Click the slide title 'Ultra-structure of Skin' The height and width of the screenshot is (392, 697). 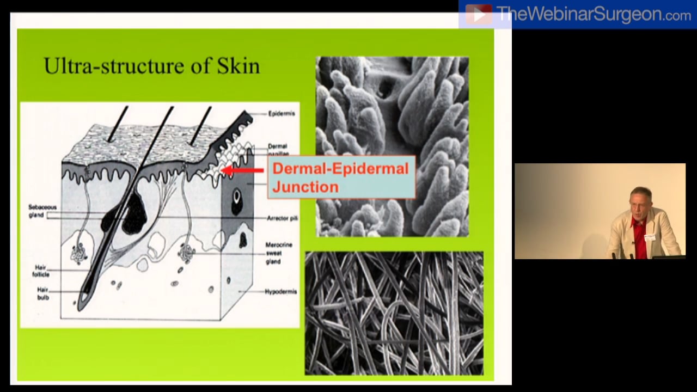click(151, 66)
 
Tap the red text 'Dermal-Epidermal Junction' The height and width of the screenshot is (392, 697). click(340, 177)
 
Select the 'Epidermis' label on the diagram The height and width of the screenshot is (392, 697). click(282, 114)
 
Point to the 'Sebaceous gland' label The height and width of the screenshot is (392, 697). click(42, 211)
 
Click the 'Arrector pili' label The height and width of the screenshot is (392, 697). click(282, 218)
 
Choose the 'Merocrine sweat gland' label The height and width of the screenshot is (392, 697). click(279, 253)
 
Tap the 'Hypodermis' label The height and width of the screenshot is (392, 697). click(280, 292)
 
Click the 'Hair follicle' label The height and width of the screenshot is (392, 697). click(41, 271)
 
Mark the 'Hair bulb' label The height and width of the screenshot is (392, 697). click(43, 293)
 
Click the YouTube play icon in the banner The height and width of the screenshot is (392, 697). click(479, 15)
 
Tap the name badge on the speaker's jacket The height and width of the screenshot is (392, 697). click(650, 237)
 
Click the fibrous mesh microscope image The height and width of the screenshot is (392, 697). click(394, 313)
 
